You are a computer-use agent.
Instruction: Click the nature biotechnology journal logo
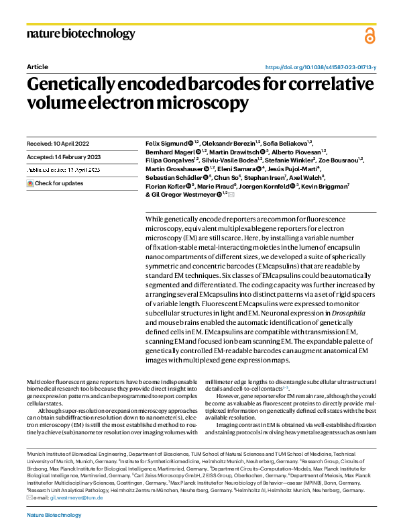click(x=80, y=34)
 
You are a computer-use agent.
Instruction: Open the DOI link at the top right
click(x=321, y=68)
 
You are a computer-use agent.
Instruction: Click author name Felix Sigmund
click(x=166, y=143)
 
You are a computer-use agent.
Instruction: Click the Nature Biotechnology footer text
click(x=54, y=515)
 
